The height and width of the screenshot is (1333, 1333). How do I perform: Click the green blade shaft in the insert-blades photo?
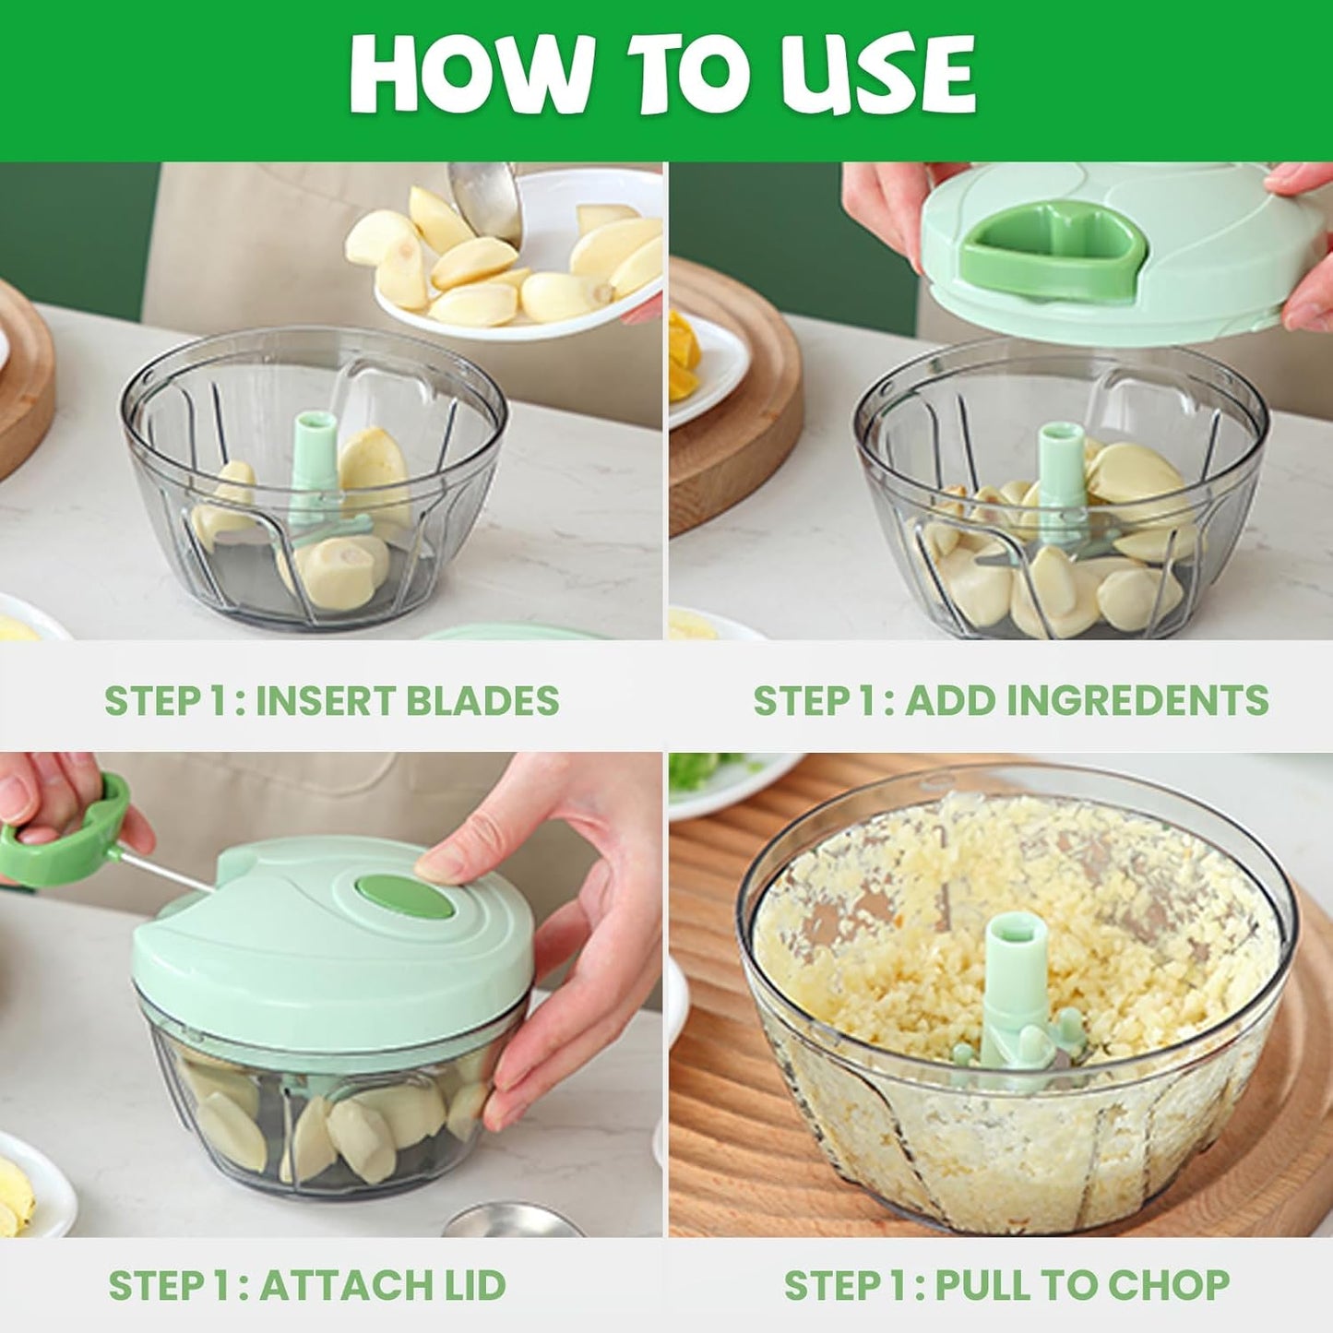(x=315, y=461)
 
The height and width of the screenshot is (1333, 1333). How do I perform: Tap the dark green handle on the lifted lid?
(x=1052, y=249)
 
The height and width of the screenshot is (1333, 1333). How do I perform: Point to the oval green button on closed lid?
(x=405, y=898)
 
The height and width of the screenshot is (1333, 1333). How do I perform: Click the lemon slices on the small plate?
(x=683, y=355)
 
